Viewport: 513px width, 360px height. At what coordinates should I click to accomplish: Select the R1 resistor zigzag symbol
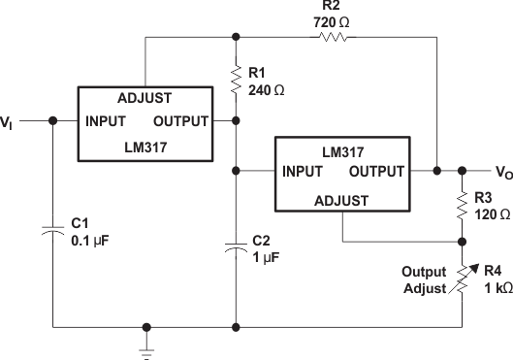(236, 78)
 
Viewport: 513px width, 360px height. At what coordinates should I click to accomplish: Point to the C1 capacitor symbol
(52, 229)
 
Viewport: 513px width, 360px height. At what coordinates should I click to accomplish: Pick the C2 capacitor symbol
(236, 249)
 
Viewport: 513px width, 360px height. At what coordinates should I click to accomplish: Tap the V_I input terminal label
(8, 122)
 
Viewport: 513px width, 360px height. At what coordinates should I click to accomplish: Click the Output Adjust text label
(424, 280)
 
